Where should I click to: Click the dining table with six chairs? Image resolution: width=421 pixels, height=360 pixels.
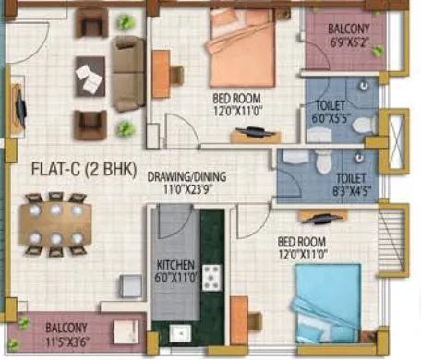coord(55,223)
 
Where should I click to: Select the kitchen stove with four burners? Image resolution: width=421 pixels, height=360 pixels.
coord(212,275)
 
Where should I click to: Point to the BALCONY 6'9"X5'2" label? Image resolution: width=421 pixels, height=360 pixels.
coord(350,34)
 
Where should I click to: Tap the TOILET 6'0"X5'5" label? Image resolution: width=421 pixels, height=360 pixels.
coord(329,112)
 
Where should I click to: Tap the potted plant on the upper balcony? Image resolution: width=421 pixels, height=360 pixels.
coord(378,52)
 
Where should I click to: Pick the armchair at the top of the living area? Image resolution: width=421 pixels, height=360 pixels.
coord(91,23)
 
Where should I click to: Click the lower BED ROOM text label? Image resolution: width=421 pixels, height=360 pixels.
coord(302,243)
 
